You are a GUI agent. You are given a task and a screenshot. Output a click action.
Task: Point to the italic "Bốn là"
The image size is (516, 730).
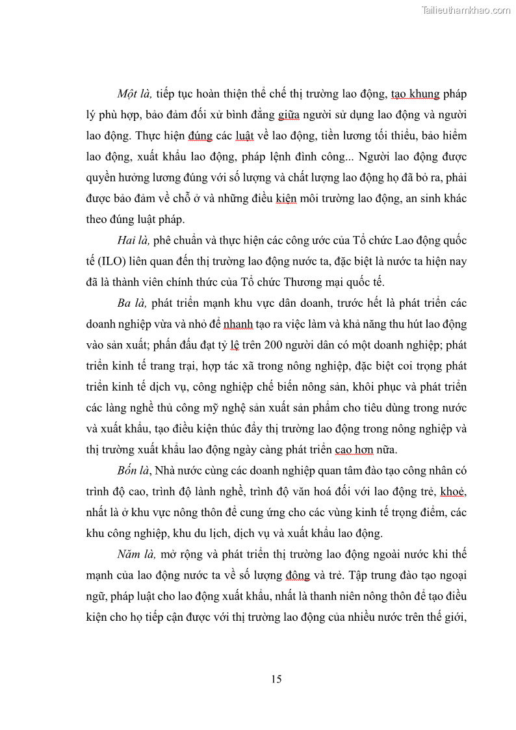[x=132, y=470]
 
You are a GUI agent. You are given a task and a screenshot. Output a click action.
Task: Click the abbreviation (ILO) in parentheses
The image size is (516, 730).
[x=115, y=262]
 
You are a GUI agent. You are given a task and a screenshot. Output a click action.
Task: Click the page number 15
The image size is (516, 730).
[x=276, y=679]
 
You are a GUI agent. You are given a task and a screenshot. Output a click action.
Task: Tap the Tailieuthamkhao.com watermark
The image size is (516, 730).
[x=466, y=10]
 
